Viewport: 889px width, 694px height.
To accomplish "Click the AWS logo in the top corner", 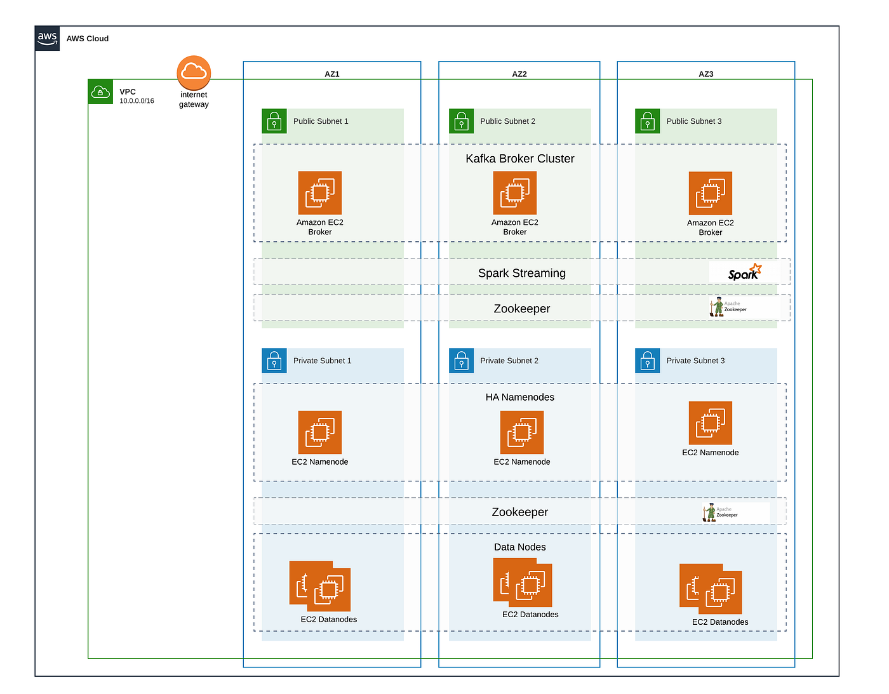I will (48, 38).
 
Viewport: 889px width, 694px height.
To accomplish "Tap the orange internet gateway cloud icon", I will (194, 72).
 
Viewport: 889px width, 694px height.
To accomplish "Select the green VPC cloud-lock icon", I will (100, 92).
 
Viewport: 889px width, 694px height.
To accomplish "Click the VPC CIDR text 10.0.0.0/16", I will (137, 101).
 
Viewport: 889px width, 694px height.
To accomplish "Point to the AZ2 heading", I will (519, 74).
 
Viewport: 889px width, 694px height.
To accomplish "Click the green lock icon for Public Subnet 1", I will (274, 121).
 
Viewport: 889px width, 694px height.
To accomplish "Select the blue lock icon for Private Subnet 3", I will (647, 361).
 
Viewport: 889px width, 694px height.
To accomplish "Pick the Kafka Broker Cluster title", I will (519, 159).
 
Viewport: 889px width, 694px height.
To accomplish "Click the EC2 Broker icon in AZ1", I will (320, 193).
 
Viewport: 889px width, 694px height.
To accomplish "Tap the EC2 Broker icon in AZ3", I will (710, 193).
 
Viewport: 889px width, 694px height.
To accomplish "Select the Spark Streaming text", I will (521, 273).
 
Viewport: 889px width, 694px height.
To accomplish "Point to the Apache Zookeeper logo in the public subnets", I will (728, 307).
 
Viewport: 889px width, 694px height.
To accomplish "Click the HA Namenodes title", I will (519, 397).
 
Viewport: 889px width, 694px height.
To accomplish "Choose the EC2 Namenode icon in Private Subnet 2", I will (521, 432).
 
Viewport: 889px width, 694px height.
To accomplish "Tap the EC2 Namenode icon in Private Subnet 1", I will (320, 432).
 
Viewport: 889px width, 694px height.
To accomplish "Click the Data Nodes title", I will (519, 547).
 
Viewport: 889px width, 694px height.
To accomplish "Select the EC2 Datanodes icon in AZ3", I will (711, 589).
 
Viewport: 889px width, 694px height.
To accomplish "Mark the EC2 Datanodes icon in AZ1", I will (320, 585).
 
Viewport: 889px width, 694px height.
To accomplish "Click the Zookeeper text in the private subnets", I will (519, 512).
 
